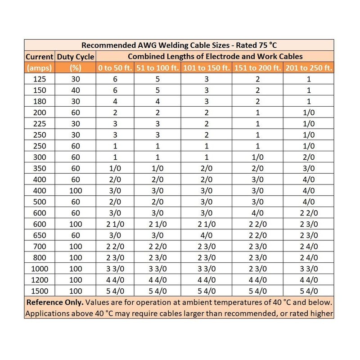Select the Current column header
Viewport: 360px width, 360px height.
point(40,57)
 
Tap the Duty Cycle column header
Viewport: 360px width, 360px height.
point(76,57)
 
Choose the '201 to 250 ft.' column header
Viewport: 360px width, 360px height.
point(309,68)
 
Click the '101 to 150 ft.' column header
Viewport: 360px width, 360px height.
point(206,68)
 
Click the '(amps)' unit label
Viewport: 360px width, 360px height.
point(40,68)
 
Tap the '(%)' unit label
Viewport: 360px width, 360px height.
point(76,68)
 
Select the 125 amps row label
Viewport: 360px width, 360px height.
point(40,79)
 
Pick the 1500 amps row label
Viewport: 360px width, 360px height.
point(40,291)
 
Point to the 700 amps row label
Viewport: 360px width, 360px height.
point(40,247)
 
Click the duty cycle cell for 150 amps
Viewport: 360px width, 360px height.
point(76,90)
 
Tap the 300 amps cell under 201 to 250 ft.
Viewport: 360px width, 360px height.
point(309,157)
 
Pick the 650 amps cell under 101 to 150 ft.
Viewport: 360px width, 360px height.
point(206,235)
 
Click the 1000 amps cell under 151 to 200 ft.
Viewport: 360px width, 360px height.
point(257,269)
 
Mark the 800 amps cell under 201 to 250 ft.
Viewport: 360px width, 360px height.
point(309,257)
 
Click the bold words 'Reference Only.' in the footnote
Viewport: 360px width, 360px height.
point(54,302)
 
